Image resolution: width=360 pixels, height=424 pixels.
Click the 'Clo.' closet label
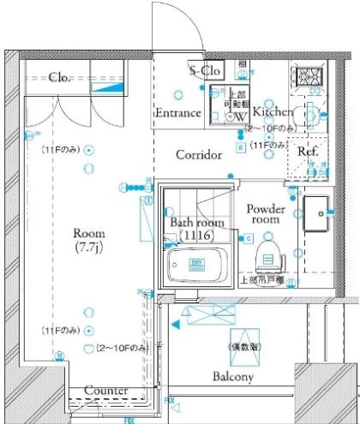pyautogui.click(x=58, y=76)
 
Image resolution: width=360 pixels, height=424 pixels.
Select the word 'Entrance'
pyautogui.click(x=178, y=112)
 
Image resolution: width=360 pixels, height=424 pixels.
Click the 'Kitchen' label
pyautogui.click(x=273, y=111)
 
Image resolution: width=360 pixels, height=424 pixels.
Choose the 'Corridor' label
pyautogui.click(x=199, y=155)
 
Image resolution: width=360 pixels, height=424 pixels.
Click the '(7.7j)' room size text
pyautogui.click(x=89, y=248)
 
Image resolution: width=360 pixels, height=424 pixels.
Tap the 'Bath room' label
pyautogui.click(x=196, y=223)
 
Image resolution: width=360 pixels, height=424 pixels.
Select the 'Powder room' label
pyautogui.click(x=266, y=213)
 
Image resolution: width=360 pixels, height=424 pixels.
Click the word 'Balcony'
pyautogui.click(x=232, y=377)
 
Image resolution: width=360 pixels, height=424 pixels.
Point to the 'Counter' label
pyautogui.click(x=107, y=391)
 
